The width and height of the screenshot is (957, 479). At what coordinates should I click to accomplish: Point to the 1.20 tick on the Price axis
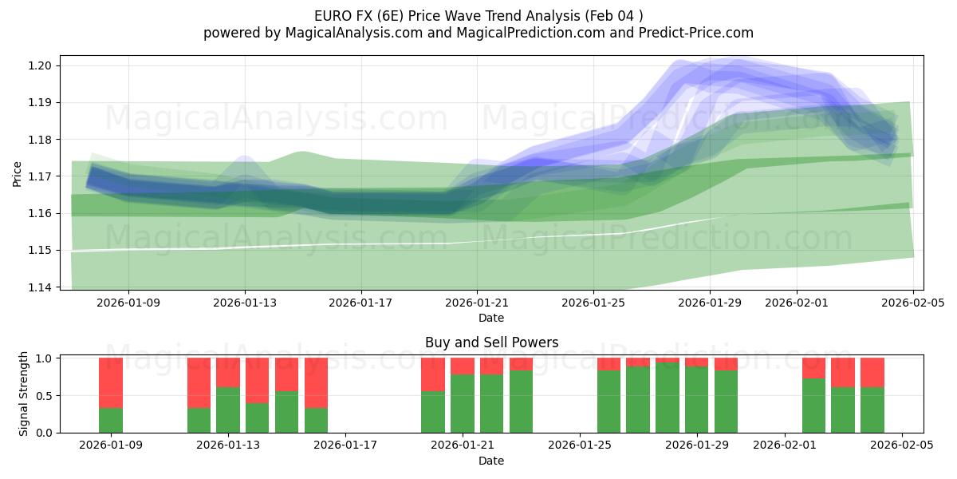pyautogui.click(x=40, y=65)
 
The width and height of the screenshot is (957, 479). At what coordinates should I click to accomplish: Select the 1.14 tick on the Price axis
pyautogui.click(x=40, y=287)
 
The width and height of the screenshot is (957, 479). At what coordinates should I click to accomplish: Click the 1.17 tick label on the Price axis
pyautogui.click(x=40, y=176)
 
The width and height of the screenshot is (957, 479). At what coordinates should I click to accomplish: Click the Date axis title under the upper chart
pyautogui.click(x=491, y=318)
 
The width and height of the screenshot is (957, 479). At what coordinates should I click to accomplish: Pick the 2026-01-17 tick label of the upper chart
pyautogui.click(x=361, y=303)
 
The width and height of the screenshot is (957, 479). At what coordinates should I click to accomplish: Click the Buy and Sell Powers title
pyautogui.click(x=491, y=342)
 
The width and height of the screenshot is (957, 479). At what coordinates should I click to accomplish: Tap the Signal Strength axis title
pyautogui.click(x=24, y=394)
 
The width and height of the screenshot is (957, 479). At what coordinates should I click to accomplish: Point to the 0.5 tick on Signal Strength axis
pyautogui.click(x=43, y=396)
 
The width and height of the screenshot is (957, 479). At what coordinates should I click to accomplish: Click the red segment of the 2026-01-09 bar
pyautogui.click(x=111, y=382)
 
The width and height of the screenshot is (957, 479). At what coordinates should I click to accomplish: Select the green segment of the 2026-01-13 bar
pyautogui.click(x=228, y=410)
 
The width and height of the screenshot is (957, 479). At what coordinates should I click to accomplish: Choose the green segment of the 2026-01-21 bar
pyautogui.click(x=463, y=403)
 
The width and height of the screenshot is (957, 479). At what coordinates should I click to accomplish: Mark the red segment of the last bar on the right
pyautogui.click(x=872, y=372)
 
